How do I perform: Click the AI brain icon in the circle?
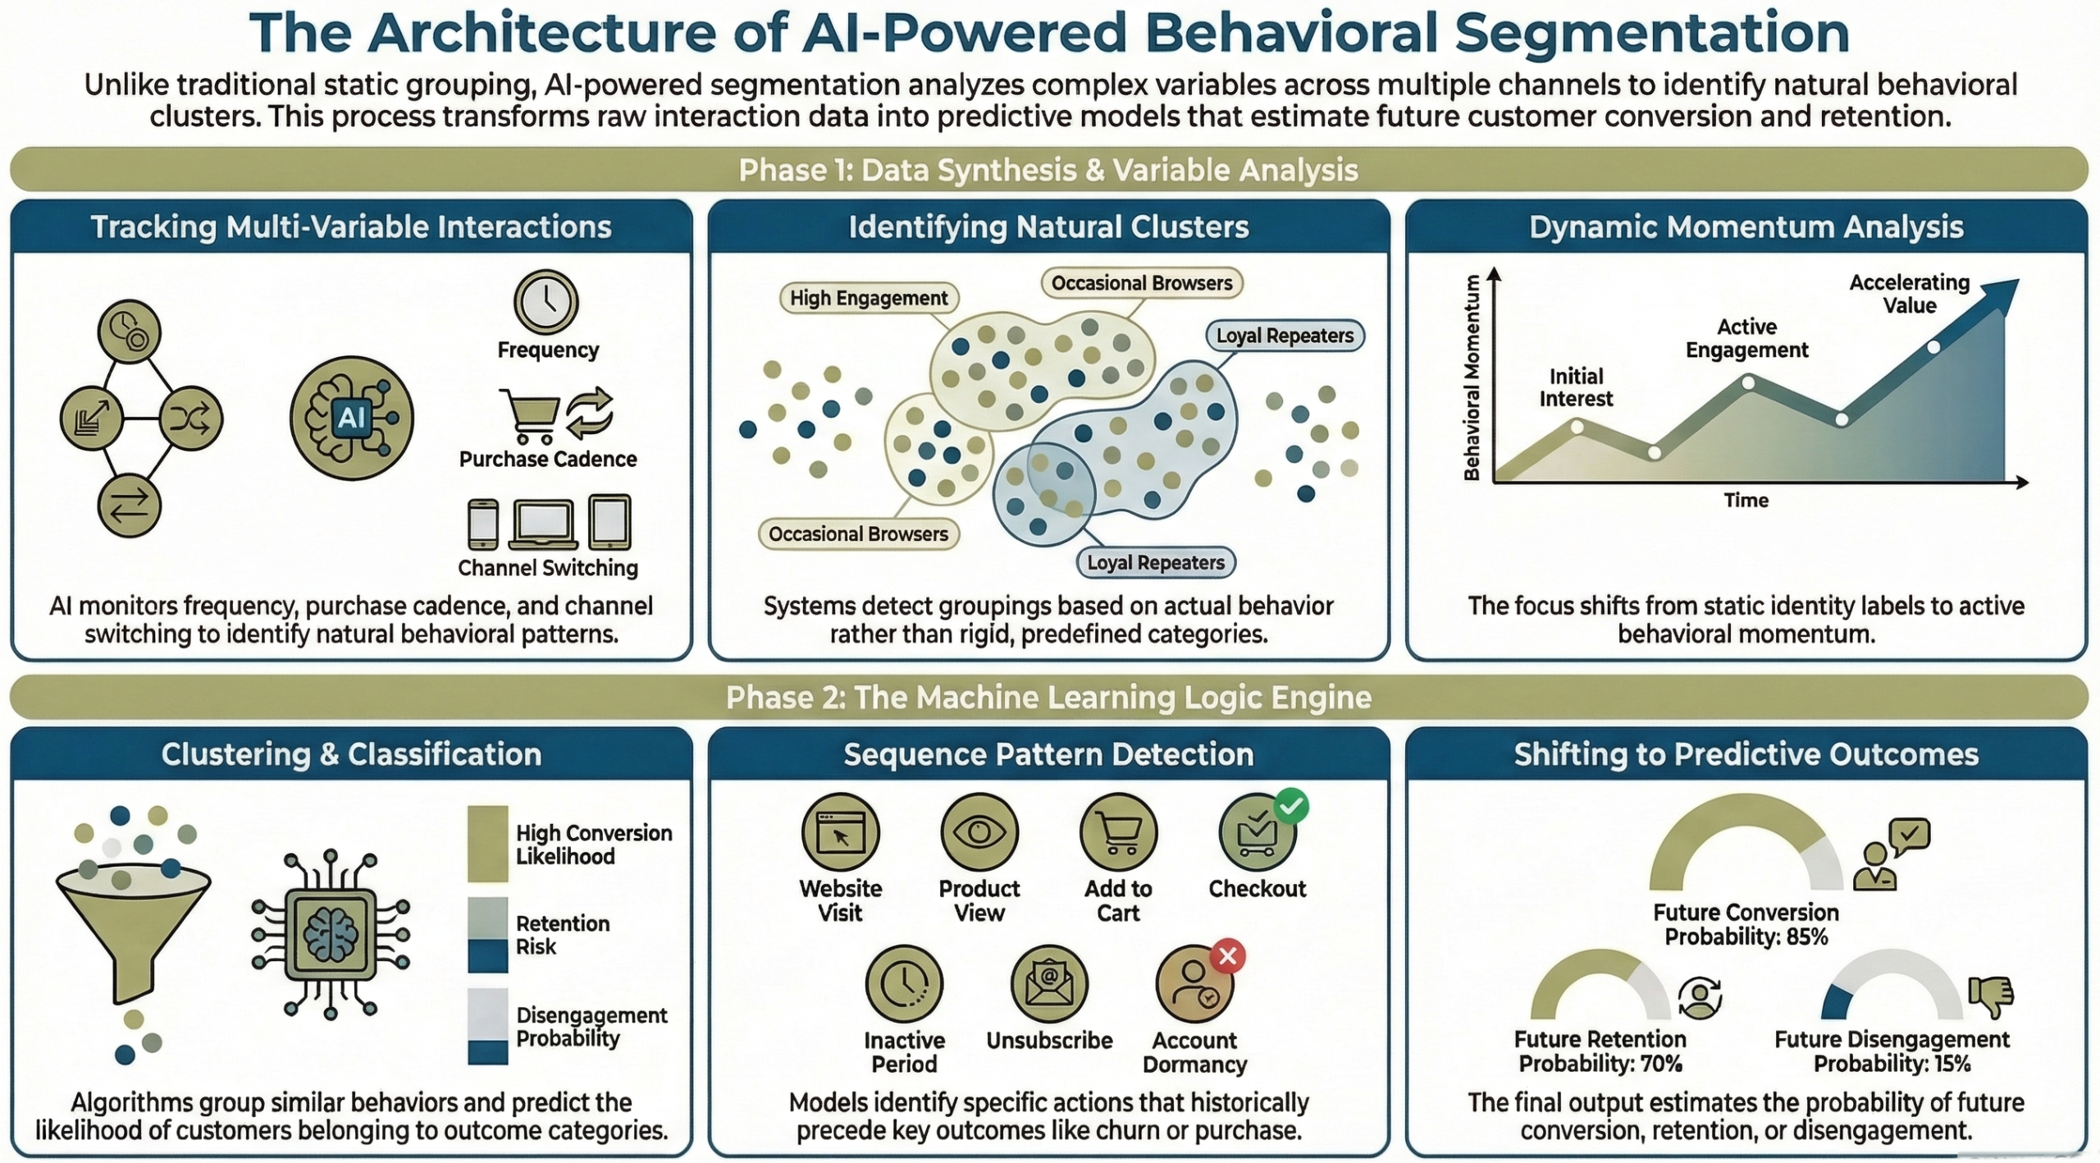point(351,418)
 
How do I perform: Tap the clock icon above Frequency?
point(546,302)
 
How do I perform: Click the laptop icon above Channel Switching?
point(542,524)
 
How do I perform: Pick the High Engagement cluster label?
point(868,298)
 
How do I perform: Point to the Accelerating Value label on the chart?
point(1909,294)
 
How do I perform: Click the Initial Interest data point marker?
point(1577,427)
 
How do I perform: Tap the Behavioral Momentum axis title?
point(1472,378)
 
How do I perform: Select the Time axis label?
point(1746,500)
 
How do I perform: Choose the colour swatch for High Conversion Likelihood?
point(487,844)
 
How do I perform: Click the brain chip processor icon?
point(331,934)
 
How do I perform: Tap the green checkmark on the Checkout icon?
point(1291,807)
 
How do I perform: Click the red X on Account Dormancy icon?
point(1227,956)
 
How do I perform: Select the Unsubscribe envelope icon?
point(1048,983)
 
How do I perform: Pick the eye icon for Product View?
point(979,832)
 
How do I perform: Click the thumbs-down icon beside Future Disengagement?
point(1991,995)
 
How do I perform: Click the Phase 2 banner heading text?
point(1048,698)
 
